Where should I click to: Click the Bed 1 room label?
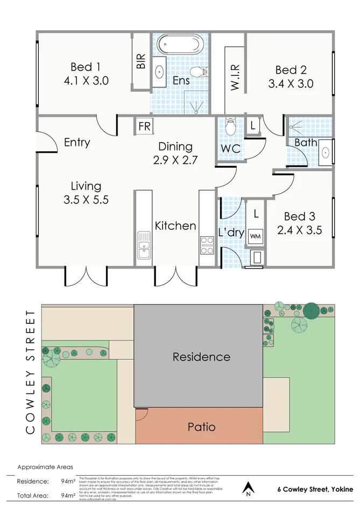[x=86, y=67]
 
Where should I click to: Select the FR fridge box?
[x=144, y=127]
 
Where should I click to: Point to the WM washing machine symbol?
[x=255, y=235]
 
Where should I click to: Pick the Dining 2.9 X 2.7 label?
[x=175, y=146]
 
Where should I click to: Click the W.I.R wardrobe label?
[x=235, y=79]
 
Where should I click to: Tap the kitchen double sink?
[x=144, y=245]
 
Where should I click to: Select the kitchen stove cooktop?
[x=207, y=245]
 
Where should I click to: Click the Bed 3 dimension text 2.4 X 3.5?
[x=299, y=230]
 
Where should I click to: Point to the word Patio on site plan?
[x=201, y=427]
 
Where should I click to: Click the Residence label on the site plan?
[x=201, y=357]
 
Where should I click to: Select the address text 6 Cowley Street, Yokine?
[x=315, y=490]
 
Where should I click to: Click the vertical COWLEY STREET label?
[x=31, y=371]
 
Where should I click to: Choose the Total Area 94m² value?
[x=67, y=496]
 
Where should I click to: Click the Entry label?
[x=77, y=143]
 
